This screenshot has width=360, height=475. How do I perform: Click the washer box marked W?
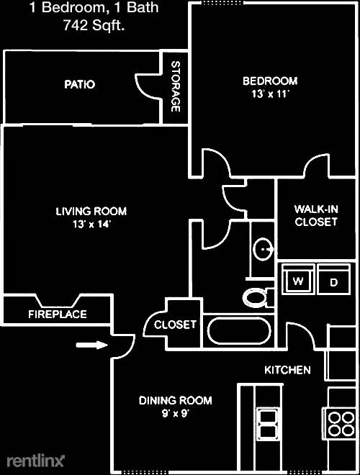point(297,281)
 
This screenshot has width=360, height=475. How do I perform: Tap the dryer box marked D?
point(333,281)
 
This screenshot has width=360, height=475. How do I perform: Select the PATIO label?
point(79,84)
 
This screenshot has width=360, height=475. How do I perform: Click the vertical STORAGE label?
point(175,86)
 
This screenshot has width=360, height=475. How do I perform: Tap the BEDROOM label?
point(269,81)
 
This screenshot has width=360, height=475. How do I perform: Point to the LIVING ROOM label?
point(91,211)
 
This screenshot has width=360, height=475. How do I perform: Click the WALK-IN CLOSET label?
point(315,215)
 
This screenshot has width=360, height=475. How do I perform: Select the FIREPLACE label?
point(58,314)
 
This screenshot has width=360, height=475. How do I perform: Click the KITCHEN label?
point(288,370)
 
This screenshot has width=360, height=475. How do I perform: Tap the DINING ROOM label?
point(176,400)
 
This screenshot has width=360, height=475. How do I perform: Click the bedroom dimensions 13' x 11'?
point(269,94)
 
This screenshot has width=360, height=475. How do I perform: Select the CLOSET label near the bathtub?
point(175,325)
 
